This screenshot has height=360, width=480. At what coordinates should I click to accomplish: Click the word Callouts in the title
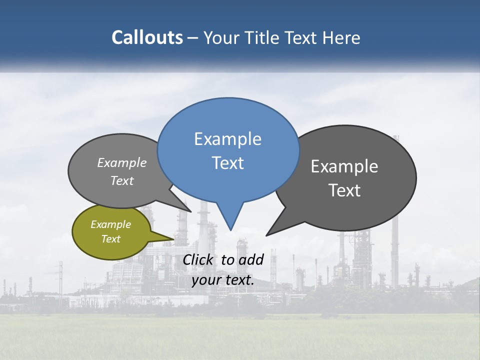[x=147, y=37]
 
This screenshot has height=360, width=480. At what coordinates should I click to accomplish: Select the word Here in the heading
[x=342, y=37]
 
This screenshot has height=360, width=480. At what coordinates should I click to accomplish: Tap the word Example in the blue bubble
[x=227, y=139]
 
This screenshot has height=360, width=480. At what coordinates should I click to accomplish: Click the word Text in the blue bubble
[x=227, y=163]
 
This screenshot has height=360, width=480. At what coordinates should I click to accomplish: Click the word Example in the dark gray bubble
[x=344, y=166]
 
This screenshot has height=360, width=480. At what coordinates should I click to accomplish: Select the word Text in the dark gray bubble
[x=344, y=190]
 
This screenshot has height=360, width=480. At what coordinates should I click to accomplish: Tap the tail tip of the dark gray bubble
[x=267, y=235]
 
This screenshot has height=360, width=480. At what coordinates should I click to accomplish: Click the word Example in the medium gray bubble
[x=122, y=163]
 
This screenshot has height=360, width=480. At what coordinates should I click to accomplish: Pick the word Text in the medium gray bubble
[x=122, y=181]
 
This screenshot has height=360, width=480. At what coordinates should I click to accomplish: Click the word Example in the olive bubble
[x=111, y=224]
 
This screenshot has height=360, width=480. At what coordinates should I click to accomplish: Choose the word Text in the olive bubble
[x=111, y=239]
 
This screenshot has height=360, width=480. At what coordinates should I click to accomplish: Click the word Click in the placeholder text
[x=198, y=259]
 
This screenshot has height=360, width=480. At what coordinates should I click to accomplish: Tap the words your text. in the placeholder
[x=223, y=280]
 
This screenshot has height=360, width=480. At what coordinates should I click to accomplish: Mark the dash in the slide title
[x=193, y=38]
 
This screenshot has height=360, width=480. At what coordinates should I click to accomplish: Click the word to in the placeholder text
[x=227, y=259]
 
